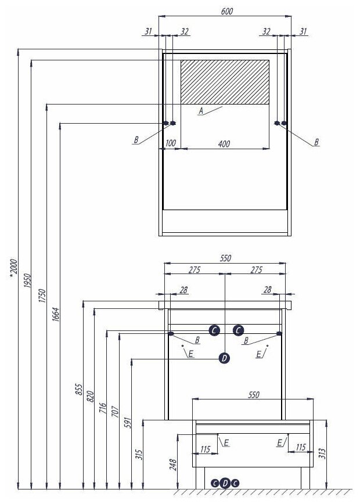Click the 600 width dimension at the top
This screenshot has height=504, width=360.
(226, 12)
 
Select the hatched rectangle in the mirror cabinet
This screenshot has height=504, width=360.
(225, 81)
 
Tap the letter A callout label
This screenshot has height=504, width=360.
(201, 110)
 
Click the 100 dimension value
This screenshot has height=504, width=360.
(171, 143)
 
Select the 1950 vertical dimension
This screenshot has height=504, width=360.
(27, 282)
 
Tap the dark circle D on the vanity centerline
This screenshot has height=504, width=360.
(225, 358)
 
